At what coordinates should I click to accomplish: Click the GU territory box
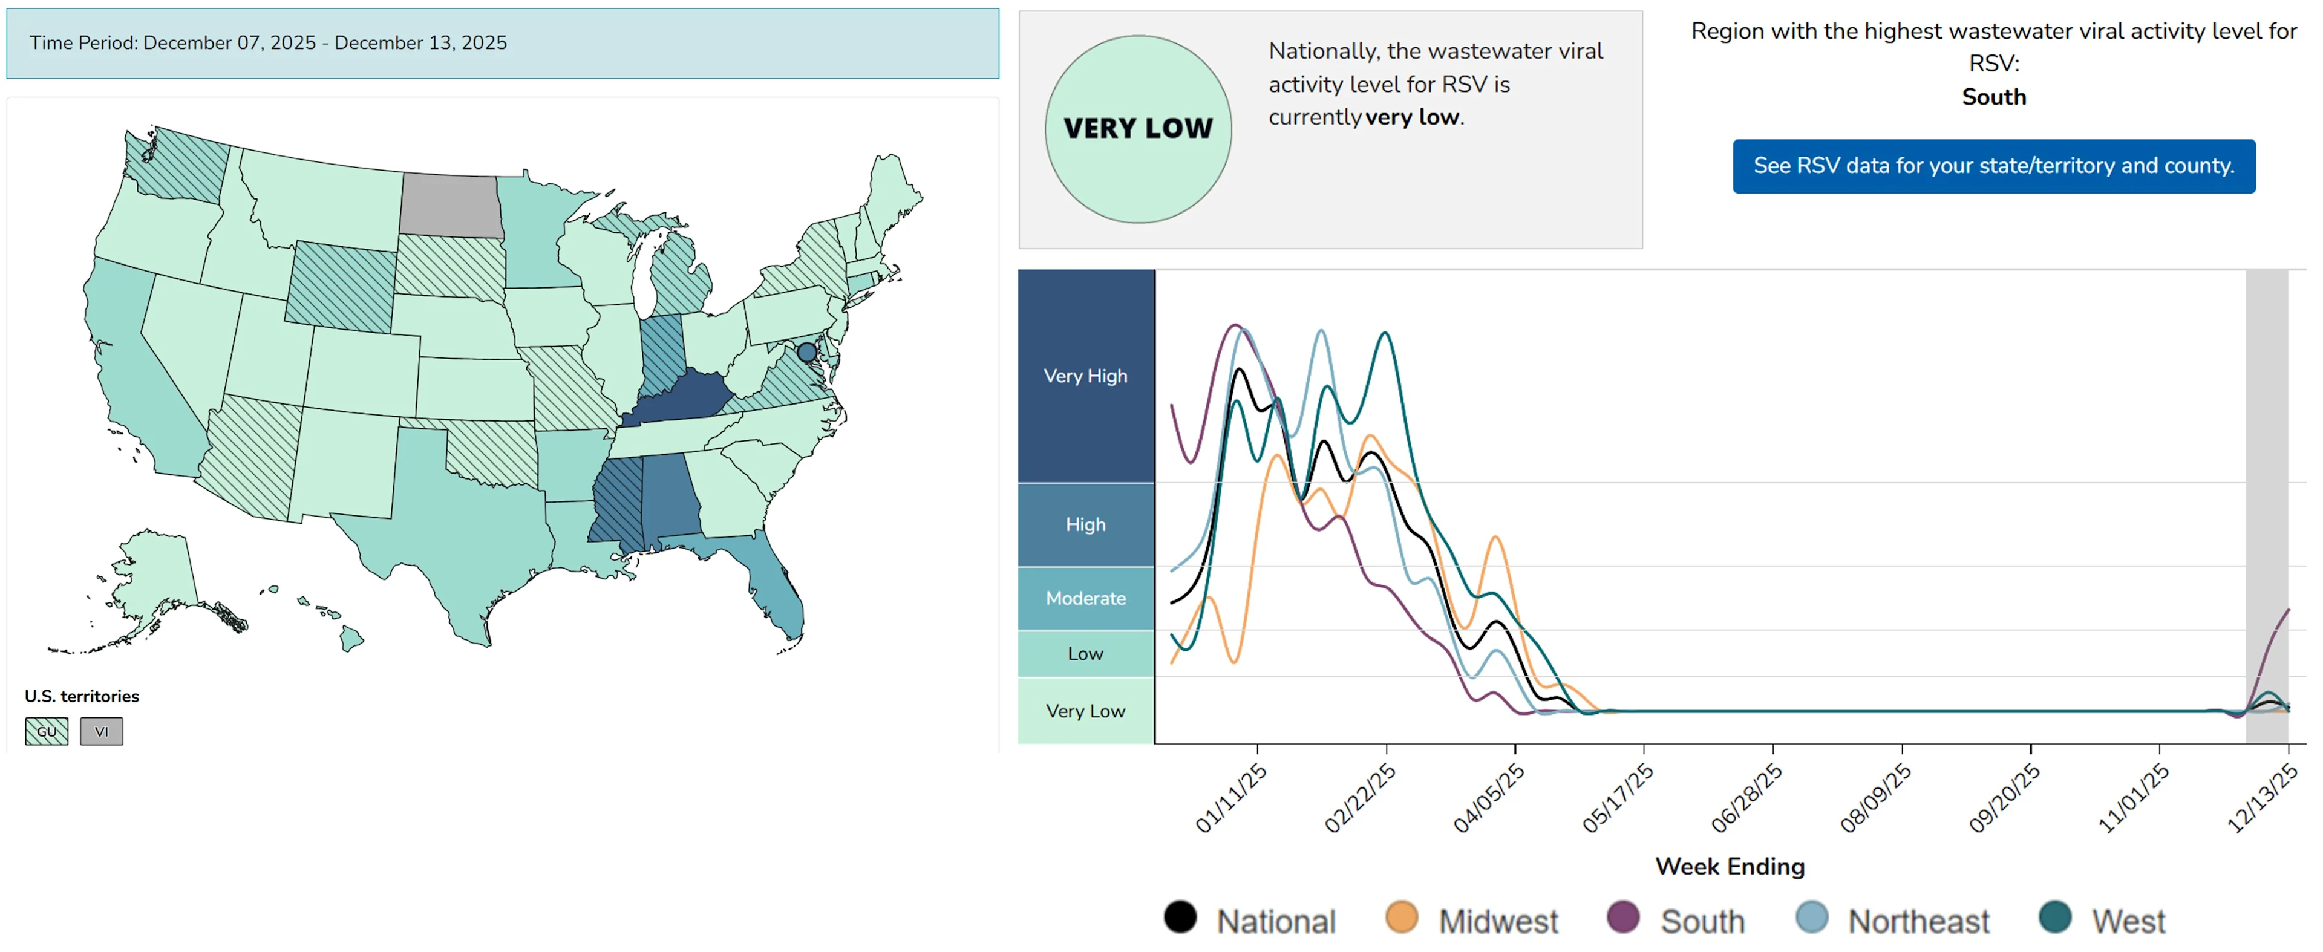pos(46,731)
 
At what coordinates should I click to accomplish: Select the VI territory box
pos(101,731)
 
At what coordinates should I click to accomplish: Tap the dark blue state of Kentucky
pos(678,400)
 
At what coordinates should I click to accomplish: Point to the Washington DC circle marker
pos(806,351)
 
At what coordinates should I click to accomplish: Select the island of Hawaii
pos(351,639)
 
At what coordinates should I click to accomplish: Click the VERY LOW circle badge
pos(1138,129)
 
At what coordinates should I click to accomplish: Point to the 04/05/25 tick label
pos(1488,798)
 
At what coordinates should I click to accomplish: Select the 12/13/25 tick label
pos(2262,798)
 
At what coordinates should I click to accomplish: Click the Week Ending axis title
pos(1729,866)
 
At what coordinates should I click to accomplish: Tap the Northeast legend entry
pos(1917,921)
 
